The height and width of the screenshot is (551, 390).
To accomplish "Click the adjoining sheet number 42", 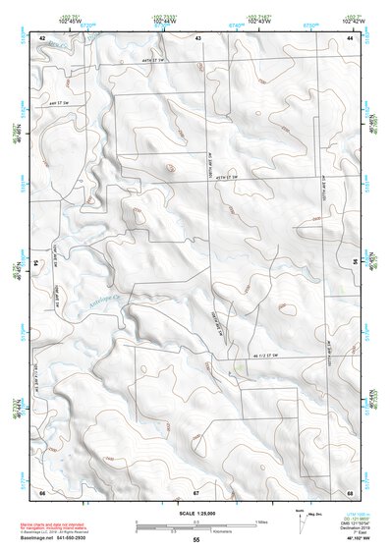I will [42, 37].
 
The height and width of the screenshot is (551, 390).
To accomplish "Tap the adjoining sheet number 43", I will [197, 37].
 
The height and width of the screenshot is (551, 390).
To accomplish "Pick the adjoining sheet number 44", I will [350, 37].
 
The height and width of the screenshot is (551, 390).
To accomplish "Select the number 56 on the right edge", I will [355, 264].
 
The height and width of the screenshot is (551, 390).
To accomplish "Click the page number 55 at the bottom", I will [196, 540].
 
